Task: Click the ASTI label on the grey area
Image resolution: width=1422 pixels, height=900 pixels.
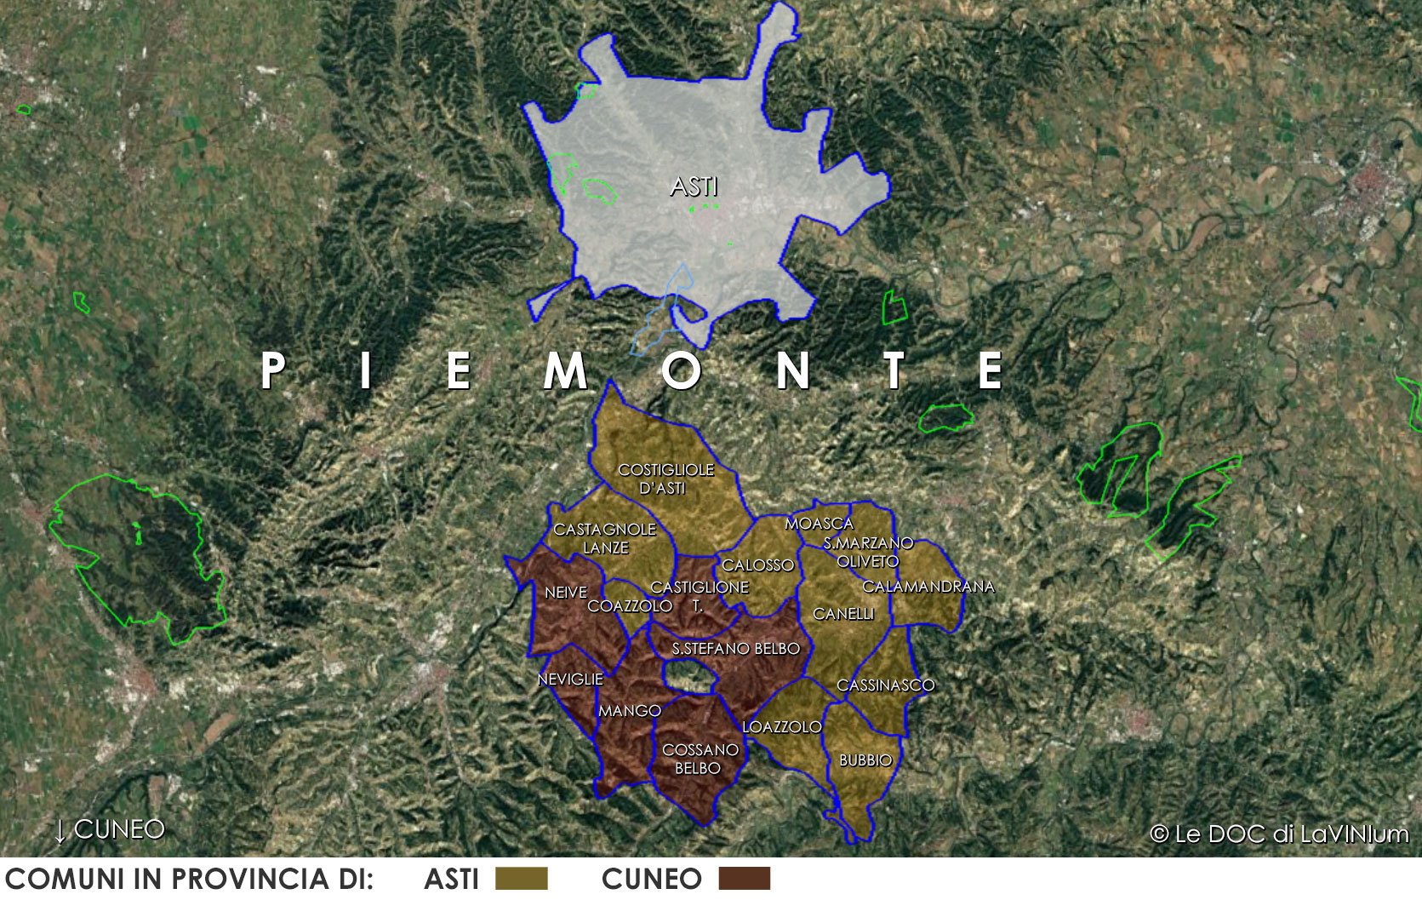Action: [694, 186]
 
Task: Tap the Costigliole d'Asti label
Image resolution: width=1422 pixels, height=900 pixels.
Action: [665, 479]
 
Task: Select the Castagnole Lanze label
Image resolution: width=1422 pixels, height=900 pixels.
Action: [605, 538]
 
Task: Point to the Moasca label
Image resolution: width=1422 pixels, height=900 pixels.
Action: [819, 524]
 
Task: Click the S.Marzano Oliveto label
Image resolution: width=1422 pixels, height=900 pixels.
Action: [868, 552]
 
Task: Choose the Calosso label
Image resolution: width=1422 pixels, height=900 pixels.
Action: [757, 565]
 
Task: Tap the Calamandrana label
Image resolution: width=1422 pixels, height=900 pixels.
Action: [928, 587]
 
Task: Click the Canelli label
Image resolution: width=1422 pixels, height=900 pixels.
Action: [843, 614]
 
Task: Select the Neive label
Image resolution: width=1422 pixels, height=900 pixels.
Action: [566, 593]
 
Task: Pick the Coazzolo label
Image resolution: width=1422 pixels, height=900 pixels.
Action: [630, 606]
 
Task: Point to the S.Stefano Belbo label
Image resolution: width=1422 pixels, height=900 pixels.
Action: [735, 649]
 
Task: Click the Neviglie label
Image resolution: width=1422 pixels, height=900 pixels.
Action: [570, 679]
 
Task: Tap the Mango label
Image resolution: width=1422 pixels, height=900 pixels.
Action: [630, 711]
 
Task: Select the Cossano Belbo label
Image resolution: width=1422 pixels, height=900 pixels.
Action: [700, 759]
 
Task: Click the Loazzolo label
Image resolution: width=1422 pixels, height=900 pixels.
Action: [782, 727]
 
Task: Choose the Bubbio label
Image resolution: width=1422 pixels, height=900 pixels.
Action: [865, 760]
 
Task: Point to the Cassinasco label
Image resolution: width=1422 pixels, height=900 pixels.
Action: [885, 685]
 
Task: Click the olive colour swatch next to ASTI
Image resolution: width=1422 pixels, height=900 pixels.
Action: [521, 879]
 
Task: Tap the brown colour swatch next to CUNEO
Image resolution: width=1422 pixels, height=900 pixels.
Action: [744, 879]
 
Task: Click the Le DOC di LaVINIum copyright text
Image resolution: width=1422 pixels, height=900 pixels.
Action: [1279, 834]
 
